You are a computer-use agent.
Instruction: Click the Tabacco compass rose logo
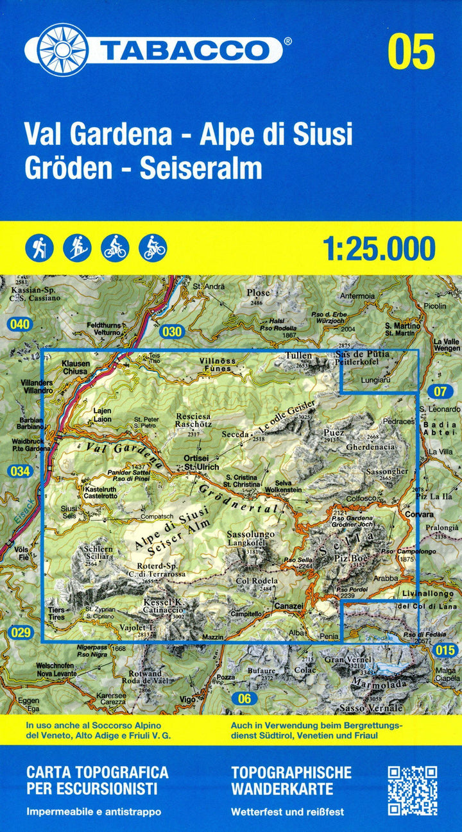pos(62,49)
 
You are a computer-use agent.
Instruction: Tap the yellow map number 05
pos(411,52)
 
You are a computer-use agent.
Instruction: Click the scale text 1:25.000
pos(380,247)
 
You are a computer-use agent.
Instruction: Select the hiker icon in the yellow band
pos(39,247)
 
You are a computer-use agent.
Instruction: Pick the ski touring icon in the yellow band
pos(77,247)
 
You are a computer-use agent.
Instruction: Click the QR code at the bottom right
pos(413,790)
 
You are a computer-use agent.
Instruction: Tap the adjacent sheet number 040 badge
pos(20,325)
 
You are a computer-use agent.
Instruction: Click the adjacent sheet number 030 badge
pos(173,331)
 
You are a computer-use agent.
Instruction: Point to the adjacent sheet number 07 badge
pos(440,391)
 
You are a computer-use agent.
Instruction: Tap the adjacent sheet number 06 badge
pos(244,699)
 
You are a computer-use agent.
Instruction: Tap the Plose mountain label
pos(258,294)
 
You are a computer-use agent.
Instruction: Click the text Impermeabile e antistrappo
pos(94,811)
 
